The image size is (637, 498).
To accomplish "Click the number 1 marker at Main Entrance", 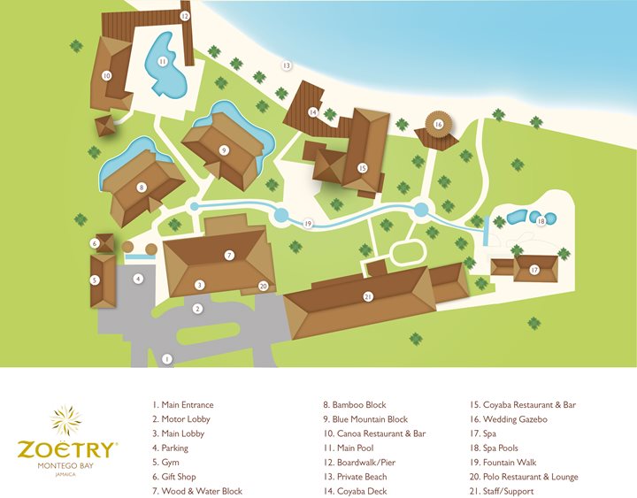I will tap(166, 358).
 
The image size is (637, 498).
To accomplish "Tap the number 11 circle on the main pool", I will tap(163, 62).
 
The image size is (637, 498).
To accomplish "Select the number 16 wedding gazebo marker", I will tap(438, 125).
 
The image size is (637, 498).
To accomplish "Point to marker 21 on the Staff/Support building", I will tap(367, 297).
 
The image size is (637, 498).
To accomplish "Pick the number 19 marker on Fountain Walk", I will tap(308, 223).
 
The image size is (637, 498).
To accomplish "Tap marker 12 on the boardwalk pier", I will tap(184, 15).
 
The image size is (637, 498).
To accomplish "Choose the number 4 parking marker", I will tap(138, 279).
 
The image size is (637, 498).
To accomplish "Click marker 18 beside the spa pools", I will tap(541, 221).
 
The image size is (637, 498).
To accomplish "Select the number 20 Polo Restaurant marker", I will tap(263, 286).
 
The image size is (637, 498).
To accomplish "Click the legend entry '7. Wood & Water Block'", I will tap(197, 491).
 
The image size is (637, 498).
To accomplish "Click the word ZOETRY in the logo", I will tap(66, 448).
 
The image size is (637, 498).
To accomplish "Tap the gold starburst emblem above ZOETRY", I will tap(67, 420).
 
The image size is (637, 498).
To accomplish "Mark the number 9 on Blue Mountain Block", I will tap(224, 150).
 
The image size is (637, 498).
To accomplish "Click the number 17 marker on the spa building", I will tap(533, 269).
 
